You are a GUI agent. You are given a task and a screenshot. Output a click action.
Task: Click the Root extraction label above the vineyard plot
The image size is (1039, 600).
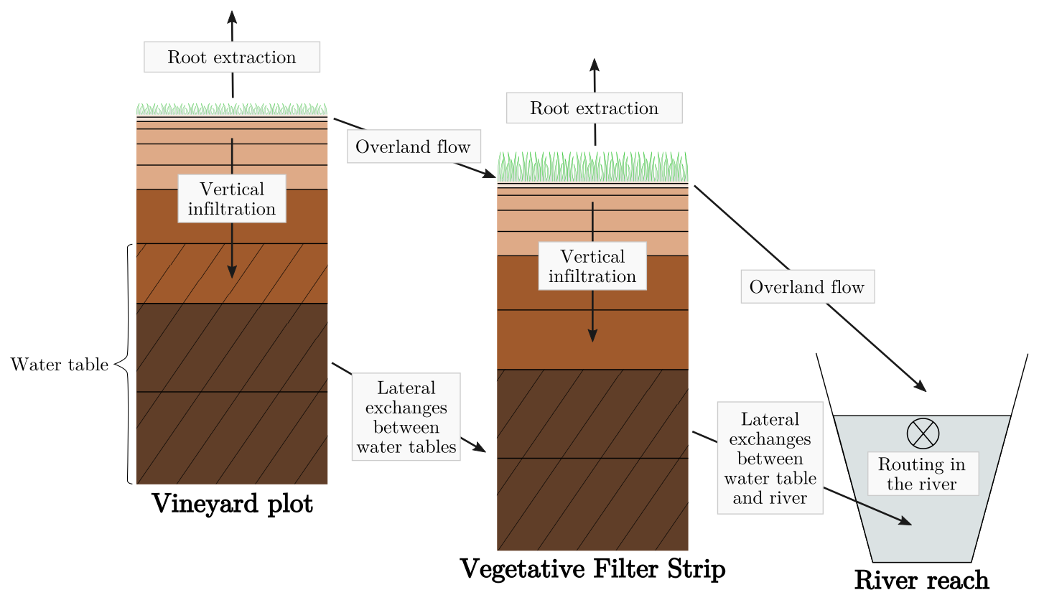(232, 57)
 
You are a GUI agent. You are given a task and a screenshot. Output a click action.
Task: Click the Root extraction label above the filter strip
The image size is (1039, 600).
(594, 108)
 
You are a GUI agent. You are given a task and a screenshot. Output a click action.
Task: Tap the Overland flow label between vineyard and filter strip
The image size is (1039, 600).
(413, 147)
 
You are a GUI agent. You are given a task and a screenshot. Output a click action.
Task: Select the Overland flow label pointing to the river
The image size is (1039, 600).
(807, 287)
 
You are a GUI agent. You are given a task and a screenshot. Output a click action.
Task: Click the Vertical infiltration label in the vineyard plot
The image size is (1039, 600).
(232, 199)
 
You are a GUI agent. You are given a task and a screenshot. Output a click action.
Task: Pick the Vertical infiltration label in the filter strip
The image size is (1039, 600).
(592, 266)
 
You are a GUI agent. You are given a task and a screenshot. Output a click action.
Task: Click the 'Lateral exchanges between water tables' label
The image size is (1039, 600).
(406, 417)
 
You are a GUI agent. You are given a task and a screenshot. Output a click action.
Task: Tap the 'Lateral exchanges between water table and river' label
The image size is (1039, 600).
(770, 458)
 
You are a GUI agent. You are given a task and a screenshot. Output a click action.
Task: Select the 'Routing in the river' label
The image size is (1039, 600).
(922, 474)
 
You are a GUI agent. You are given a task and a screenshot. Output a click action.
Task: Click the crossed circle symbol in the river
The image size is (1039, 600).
(923, 433)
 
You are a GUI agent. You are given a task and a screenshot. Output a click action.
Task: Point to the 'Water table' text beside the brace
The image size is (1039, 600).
(60, 365)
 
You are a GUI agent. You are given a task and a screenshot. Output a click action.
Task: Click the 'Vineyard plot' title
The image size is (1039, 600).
(233, 504)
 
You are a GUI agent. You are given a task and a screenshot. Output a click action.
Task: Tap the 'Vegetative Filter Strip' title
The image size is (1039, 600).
(593, 569)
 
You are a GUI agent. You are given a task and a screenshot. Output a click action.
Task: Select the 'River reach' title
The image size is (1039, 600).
(922, 580)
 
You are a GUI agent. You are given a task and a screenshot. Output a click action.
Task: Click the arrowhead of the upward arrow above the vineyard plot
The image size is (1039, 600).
(232, 16)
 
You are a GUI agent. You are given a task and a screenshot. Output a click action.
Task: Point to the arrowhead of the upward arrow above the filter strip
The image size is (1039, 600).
(595, 64)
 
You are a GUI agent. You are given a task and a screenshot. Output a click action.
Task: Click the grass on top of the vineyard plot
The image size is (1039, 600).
(232, 110)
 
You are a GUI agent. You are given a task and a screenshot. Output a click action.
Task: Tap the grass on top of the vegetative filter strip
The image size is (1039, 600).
(592, 167)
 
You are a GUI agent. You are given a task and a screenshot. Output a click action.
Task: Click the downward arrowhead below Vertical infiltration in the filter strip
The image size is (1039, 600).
(592, 335)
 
